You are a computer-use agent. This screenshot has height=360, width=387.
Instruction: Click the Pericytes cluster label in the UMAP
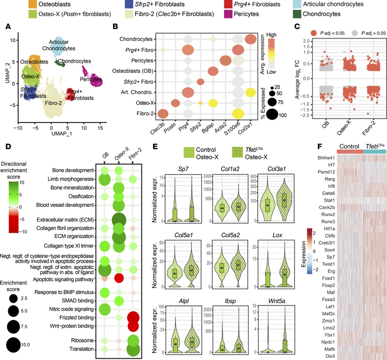(x=91, y=80)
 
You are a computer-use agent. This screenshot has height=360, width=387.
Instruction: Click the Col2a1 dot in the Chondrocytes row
(x=251, y=39)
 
